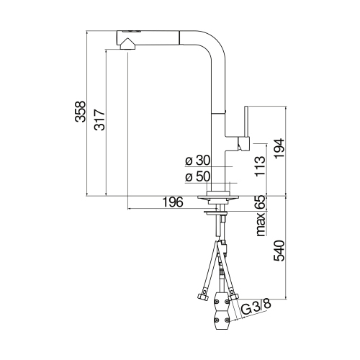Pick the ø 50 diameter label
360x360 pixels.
point(196,176)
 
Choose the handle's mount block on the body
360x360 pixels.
point(241,145)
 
